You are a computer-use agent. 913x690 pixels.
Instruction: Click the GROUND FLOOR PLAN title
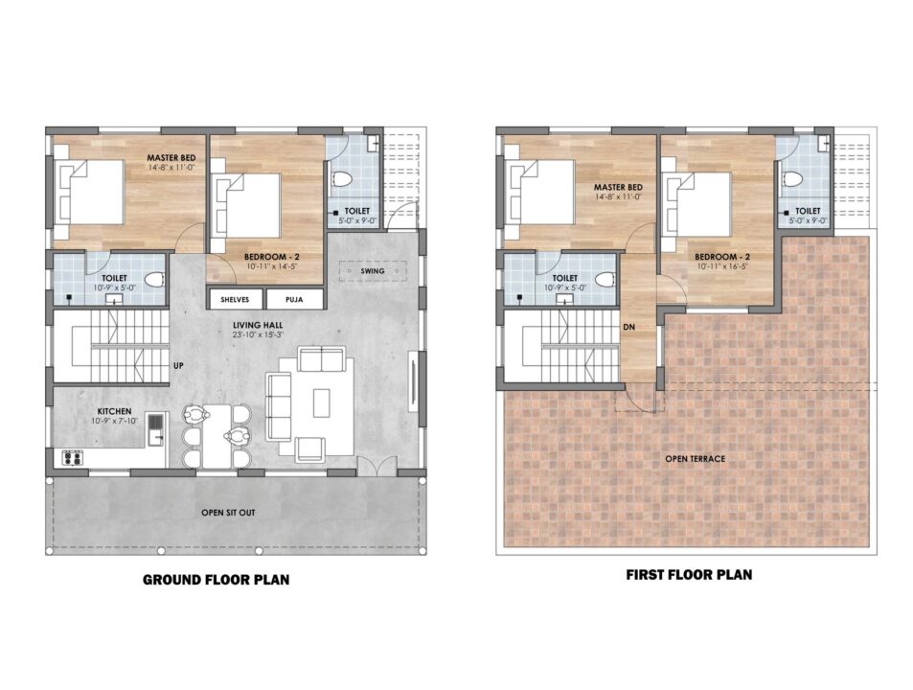tap(216, 580)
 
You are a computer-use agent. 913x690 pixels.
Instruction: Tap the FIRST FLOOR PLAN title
tap(689, 575)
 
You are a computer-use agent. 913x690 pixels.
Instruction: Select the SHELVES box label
tap(235, 300)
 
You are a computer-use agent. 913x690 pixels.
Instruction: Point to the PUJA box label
tap(294, 300)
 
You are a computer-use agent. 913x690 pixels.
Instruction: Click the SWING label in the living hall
tap(373, 271)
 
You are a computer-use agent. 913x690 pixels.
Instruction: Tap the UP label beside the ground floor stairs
tap(178, 366)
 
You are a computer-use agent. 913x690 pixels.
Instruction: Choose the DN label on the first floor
tap(628, 327)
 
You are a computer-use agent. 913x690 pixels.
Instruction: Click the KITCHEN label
tap(114, 411)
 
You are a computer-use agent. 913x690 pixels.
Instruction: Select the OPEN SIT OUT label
tap(228, 513)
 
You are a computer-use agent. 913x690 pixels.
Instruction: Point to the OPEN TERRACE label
tap(696, 459)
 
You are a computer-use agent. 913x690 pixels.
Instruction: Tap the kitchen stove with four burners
tap(73, 457)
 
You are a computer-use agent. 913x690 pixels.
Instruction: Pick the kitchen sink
tap(155, 429)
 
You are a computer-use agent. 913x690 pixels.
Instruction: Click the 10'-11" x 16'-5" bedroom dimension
tap(722, 266)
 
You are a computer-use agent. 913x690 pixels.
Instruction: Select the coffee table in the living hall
tap(321, 402)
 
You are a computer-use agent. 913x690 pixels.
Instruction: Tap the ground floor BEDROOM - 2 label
tap(271, 257)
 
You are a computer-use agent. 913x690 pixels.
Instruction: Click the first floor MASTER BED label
tap(618, 187)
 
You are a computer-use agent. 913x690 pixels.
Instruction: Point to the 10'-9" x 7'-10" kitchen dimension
tap(114, 421)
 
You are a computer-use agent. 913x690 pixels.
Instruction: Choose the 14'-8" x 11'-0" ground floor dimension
tap(171, 167)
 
